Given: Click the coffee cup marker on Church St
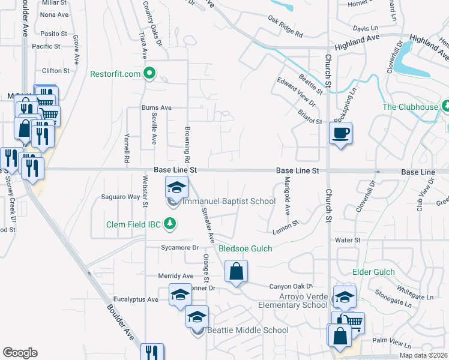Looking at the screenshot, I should (x=341, y=133).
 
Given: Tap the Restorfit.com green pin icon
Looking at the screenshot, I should (x=150, y=74).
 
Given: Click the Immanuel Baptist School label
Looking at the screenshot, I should (x=229, y=202).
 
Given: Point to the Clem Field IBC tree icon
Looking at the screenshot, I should (x=171, y=224).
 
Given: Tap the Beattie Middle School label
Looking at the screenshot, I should (x=248, y=330).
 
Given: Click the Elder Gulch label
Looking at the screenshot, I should (x=373, y=272).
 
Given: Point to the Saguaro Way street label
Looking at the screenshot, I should (x=120, y=197).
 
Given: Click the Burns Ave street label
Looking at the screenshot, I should (x=156, y=108).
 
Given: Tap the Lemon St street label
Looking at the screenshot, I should (x=285, y=226).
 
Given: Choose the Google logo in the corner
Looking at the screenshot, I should (x=20, y=353).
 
